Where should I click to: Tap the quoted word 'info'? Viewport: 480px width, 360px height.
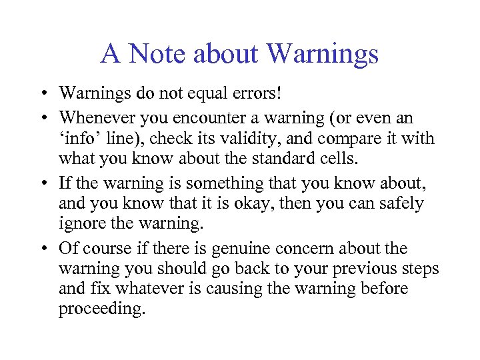point(79,139)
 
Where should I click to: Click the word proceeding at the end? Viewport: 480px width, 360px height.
point(101,310)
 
